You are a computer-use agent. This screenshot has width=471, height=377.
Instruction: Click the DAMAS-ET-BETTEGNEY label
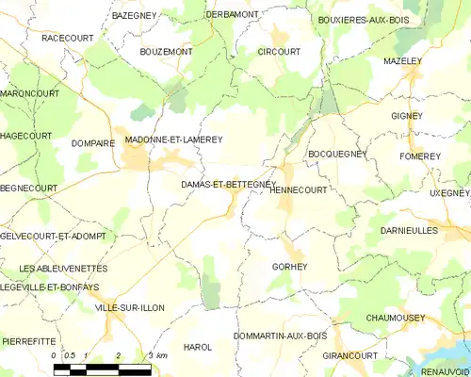227,186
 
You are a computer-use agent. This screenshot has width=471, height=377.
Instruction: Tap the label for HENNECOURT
298,189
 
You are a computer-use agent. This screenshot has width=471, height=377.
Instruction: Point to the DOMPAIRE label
92,143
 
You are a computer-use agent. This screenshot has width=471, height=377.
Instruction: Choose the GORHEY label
289,267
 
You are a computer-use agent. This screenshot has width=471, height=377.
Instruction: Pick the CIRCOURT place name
279,51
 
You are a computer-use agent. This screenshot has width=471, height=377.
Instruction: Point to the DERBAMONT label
232,15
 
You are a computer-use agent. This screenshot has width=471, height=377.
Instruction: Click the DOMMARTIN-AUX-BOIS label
279,336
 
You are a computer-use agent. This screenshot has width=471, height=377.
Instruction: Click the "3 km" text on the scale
156,355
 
